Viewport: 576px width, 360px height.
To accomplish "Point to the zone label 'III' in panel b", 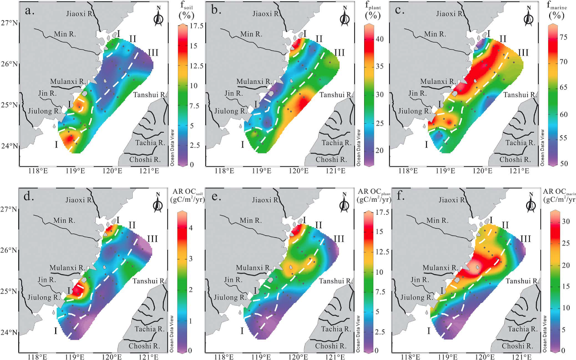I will pos(339,52).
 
